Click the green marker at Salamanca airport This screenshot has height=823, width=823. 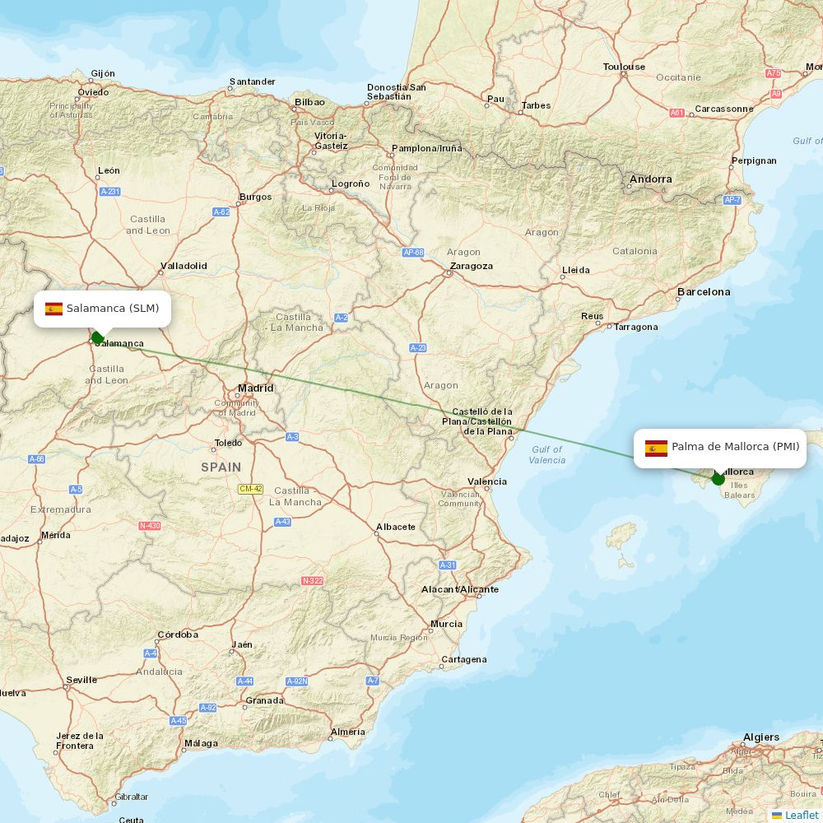97,337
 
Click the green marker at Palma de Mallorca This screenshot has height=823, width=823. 718,478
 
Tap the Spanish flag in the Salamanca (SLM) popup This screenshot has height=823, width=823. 53,309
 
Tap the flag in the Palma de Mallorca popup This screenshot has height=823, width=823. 656,448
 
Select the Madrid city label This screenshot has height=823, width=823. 255,388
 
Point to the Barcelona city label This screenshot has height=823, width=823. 703,292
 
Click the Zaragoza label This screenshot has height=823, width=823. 472,266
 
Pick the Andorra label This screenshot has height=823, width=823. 650,179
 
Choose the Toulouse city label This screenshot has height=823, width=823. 624,67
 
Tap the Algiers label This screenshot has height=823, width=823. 760,737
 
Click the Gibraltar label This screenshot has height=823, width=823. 132,797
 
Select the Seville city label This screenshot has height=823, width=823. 81,680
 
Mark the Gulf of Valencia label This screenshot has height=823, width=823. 546,454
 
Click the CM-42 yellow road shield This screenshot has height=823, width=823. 250,489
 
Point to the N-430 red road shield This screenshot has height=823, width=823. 150,525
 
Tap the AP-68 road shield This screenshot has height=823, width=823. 413,253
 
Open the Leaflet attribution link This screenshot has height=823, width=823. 801,815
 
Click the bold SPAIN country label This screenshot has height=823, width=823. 221,467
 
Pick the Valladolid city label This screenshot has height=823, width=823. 184,266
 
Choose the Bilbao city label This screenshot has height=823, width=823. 309,102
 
